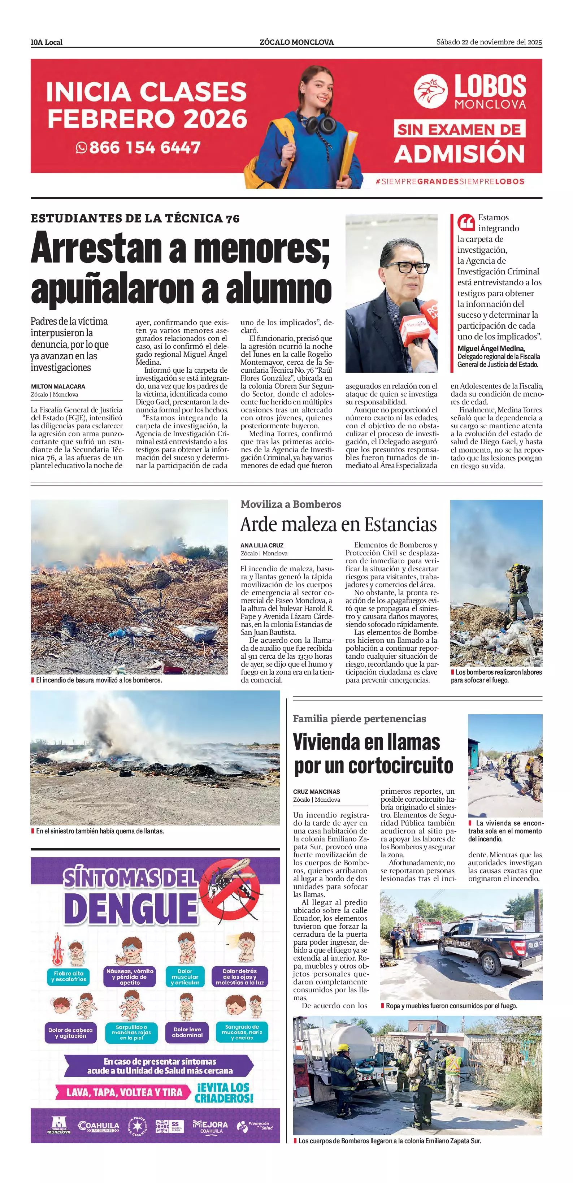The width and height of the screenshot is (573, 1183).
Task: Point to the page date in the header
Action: click(x=489, y=42)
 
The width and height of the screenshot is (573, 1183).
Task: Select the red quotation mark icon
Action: click(x=465, y=223)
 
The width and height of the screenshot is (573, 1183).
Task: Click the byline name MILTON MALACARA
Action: click(x=58, y=387)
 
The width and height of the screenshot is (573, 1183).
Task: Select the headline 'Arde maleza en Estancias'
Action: click(x=338, y=524)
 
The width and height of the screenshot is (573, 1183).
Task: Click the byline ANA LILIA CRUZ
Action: click(x=262, y=546)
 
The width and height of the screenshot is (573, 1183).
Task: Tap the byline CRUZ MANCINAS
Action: click(x=316, y=792)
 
